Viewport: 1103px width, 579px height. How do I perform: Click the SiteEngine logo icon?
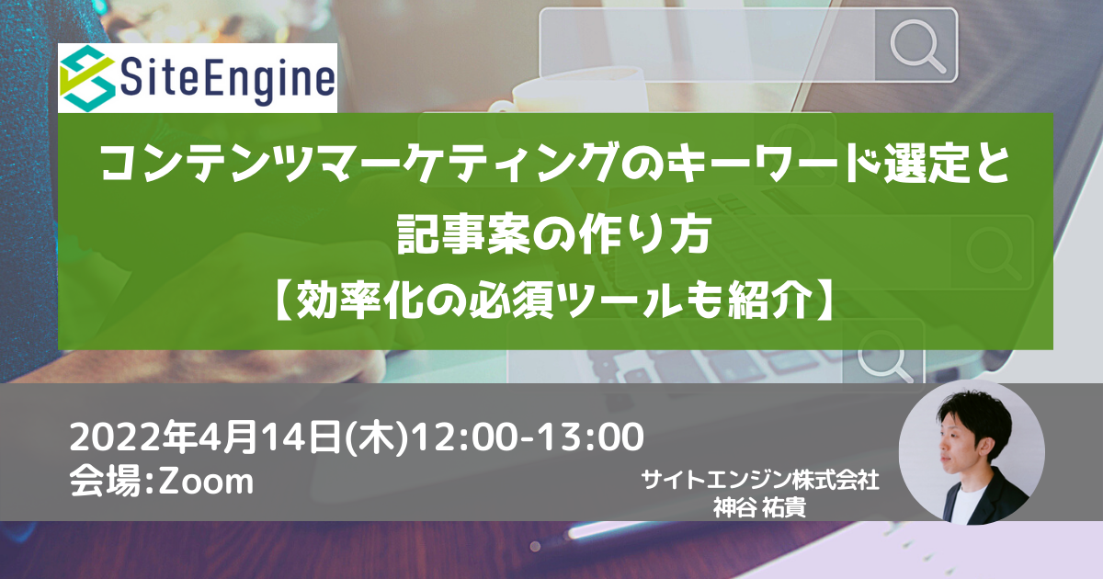[x=87, y=78]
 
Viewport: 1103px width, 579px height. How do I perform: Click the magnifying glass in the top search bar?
[x=917, y=46]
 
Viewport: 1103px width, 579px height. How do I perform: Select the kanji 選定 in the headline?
[x=930, y=164]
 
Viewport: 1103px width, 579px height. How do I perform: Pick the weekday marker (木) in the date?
[x=377, y=437]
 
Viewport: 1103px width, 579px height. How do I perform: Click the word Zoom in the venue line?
[x=206, y=481]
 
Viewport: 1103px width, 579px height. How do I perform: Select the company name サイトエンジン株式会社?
[x=760, y=480]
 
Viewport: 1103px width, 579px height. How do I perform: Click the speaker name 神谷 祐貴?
[x=760, y=507]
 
